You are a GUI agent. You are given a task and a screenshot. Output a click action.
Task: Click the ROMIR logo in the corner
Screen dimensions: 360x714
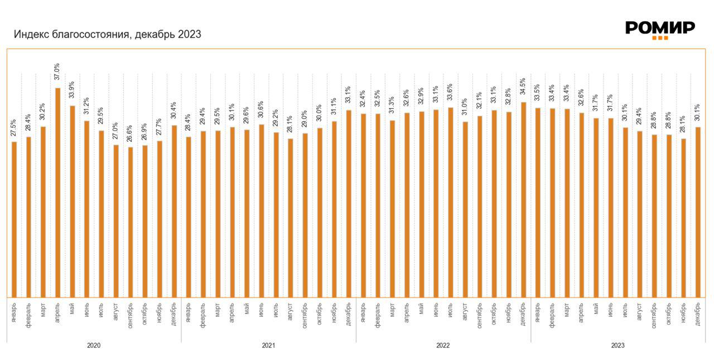pos(660,28)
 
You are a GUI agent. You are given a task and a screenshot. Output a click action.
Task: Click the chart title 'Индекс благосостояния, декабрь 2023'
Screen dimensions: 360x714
pos(108,35)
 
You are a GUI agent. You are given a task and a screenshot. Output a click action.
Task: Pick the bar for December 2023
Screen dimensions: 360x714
pos(698,212)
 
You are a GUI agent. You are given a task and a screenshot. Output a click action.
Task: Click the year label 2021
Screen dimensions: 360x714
pos(268,345)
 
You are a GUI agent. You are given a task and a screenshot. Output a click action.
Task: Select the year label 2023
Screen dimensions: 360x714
pos(617,345)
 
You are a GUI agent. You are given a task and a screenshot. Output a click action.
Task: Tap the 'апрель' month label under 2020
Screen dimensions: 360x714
pos(58,313)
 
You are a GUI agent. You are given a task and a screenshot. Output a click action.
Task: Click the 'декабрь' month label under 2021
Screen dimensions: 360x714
pos(349,314)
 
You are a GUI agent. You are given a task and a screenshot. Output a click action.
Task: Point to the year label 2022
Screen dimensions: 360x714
pos(443,345)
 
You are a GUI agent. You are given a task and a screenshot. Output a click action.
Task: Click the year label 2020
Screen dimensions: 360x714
pos(94,345)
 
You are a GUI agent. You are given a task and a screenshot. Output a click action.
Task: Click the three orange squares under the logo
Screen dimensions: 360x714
pos(660,38)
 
